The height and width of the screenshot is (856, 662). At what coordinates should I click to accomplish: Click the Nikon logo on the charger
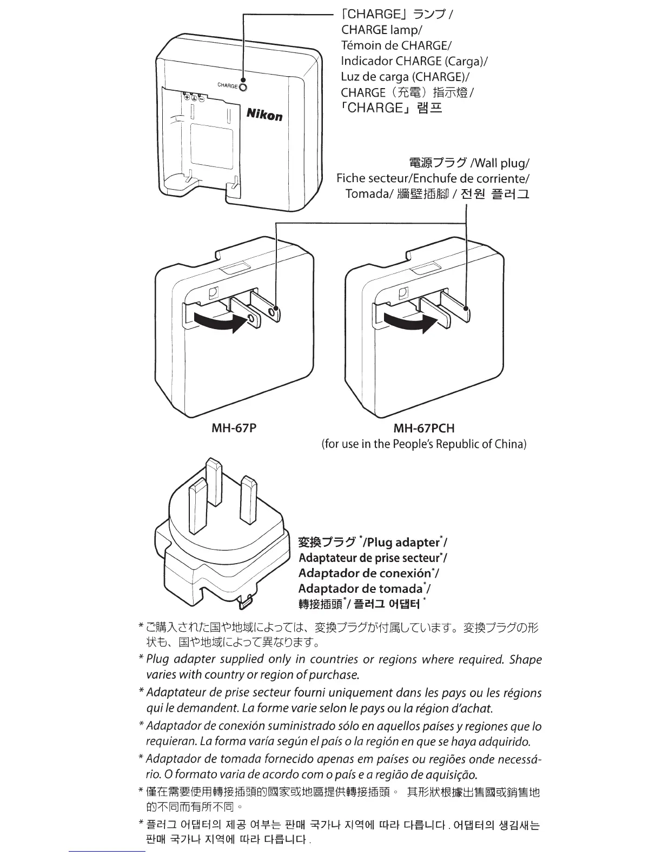pyautogui.click(x=264, y=114)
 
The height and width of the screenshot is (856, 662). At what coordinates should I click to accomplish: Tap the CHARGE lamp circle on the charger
pyautogui.click(x=243, y=86)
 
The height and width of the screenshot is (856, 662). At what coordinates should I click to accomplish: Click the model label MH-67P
pyautogui.click(x=234, y=429)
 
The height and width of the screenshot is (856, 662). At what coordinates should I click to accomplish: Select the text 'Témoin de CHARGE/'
pyautogui.click(x=396, y=45)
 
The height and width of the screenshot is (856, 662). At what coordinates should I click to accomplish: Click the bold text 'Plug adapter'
pyautogui.click(x=402, y=542)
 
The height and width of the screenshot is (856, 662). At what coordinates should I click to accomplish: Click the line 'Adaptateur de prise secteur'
pyautogui.click(x=369, y=558)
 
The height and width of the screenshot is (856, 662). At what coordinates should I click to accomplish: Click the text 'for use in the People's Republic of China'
pyautogui.click(x=423, y=444)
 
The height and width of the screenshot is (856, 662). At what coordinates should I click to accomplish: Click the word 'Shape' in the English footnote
pyautogui.click(x=525, y=659)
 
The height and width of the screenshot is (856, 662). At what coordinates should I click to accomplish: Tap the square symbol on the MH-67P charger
pyautogui.click(x=214, y=292)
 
